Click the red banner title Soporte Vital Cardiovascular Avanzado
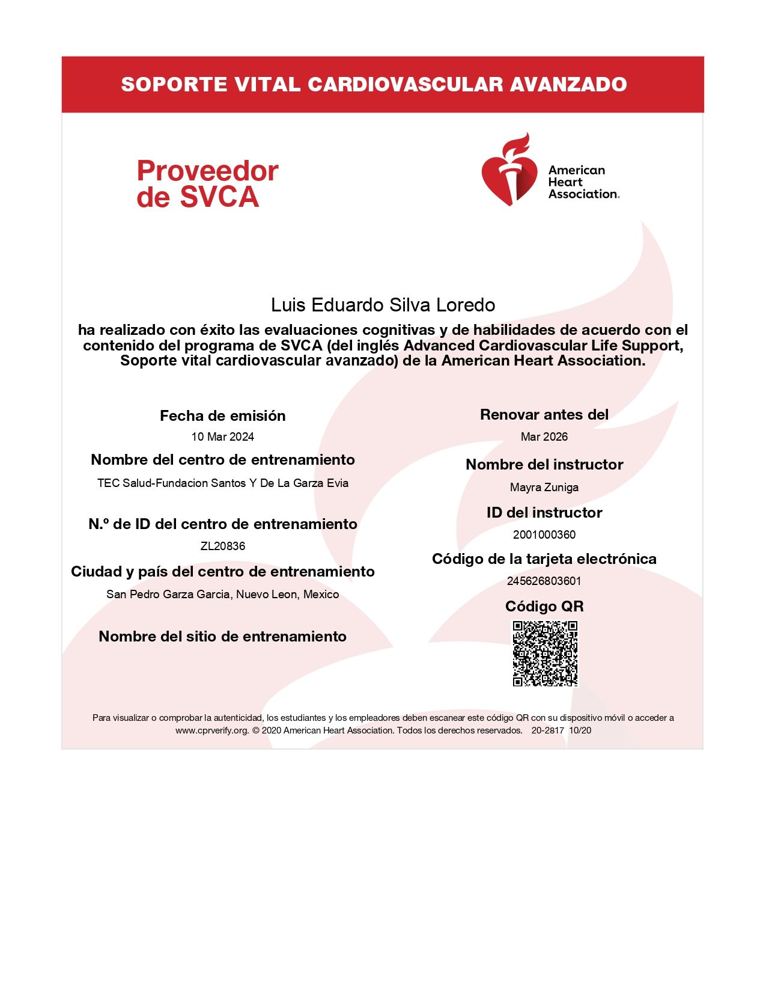(x=374, y=85)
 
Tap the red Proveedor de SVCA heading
(x=207, y=184)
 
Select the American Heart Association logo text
(x=583, y=182)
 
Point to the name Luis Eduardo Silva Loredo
(x=383, y=305)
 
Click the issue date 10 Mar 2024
(x=222, y=437)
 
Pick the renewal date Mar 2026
(x=544, y=437)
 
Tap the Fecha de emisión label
(x=222, y=416)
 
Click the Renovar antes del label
(x=544, y=415)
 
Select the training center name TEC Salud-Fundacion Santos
(x=222, y=483)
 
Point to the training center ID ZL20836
(x=222, y=547)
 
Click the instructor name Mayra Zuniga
(x=544, y=488)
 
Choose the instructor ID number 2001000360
(x=544, y=535)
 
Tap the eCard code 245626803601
(x=544, y=581)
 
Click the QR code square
(x=544, y=654)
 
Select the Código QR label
(x=544, y=607)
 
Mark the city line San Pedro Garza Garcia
(x=222, y=595)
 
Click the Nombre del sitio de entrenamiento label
(x=222, y=637)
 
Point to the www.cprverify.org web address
(x=212, y=730)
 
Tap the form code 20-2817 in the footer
(x=547, y=730)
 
